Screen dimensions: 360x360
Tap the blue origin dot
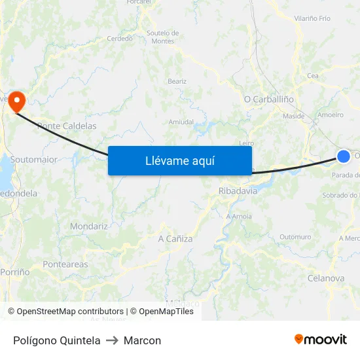point(344,156)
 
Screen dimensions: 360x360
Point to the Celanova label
point(325,278)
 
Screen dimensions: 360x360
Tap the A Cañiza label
point(175,239)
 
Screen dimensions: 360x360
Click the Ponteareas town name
point(65,264)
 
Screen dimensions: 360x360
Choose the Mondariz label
point(89,226)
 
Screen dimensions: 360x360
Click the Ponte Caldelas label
point(67,126)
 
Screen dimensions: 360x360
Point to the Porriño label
point(15,271)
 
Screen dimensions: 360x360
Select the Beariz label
point(177,81)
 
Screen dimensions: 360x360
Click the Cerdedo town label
point(120,39)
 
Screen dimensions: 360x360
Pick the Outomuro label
point(295,237)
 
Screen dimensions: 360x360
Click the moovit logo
point(321,339)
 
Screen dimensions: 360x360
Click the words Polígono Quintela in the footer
point(57,340)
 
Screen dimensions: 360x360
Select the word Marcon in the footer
point(142,340)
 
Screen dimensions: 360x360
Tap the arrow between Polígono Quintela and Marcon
point(112,340)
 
